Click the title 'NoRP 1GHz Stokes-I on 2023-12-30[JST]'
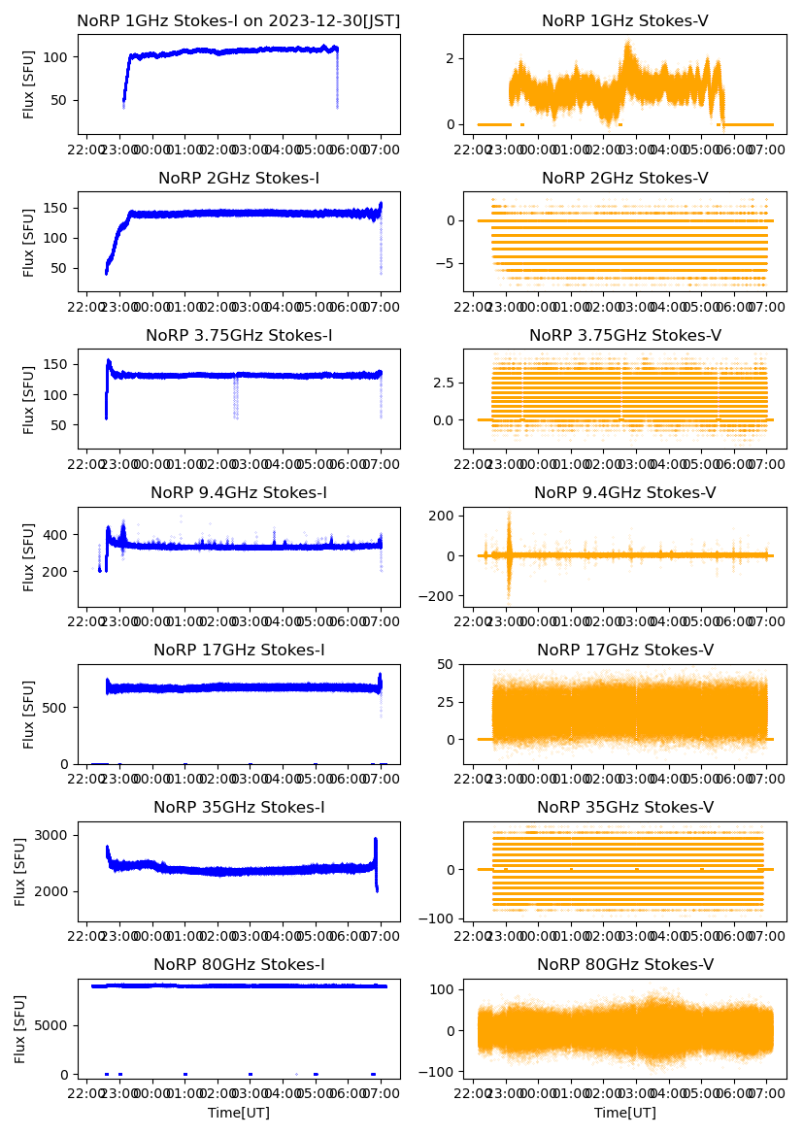[x=239, y=20]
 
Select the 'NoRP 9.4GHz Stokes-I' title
[x=239, y=492]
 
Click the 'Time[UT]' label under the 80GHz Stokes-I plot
[x=239, y=1113]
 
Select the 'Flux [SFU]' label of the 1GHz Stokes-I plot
[x=29, y=83]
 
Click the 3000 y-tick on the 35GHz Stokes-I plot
[x=52, y=835]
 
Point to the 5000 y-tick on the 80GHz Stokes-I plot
[x=52, y=1025]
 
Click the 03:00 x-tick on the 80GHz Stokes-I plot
[x=251, y=1093]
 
